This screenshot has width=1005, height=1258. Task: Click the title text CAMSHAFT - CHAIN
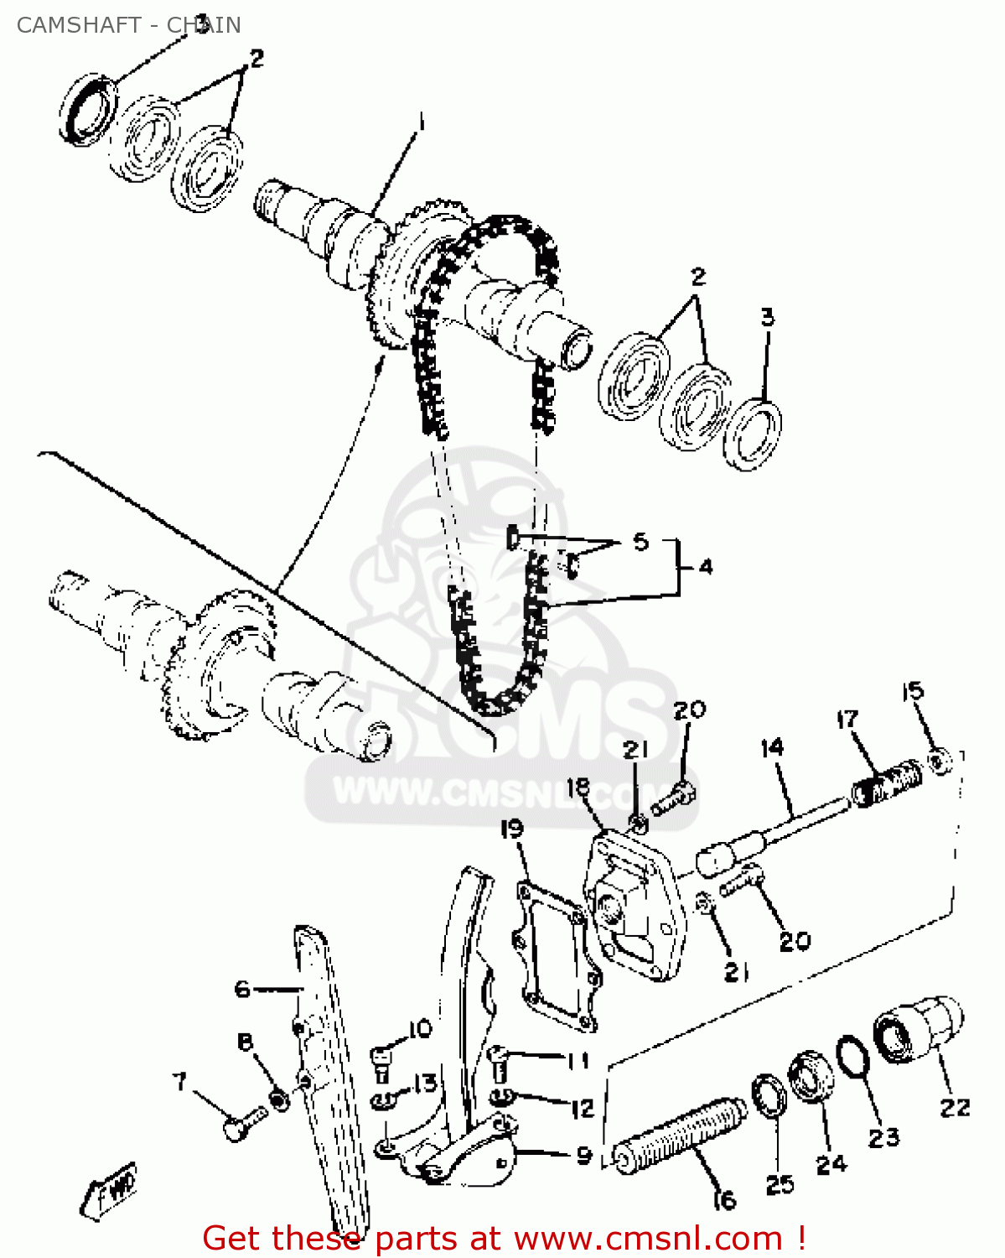click(x=128, y=25)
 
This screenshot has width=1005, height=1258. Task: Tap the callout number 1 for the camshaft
click(x=420, y=124)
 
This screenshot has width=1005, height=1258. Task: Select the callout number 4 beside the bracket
click(x=705, y=567)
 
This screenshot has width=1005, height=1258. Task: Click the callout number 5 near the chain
click(x=640, y=541)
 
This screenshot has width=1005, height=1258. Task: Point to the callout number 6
click(x=242, y=990)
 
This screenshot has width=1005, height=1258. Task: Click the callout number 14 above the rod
click(x=771, y=747)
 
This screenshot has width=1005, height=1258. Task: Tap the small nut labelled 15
click(x=940, y=762)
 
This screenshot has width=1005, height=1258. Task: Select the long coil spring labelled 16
click(x=679, y=1133)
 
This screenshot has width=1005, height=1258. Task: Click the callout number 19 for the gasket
click(x=511, y=829)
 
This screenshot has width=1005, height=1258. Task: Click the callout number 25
click(x=780, y=1184)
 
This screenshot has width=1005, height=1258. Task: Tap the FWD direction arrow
click(x=109, y=1189)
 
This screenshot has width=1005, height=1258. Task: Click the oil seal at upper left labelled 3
click(x=85, y=109)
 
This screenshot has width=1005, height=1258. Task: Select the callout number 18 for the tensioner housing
click(x=578, y=788)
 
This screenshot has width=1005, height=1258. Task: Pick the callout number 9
click(x=584, y=1156)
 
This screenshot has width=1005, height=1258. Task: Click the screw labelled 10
click(x=382, y=1063)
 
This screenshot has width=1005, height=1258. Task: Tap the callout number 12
click(x=582, y=1109)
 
